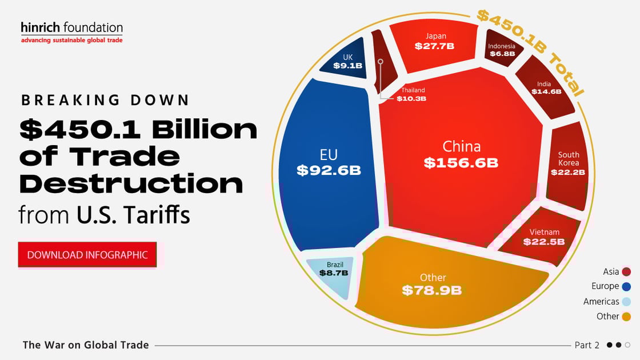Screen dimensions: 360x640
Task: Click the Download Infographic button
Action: (x=87, y=255)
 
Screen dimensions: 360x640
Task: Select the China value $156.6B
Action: (x=461, y=163)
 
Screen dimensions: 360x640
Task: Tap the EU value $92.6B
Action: (x=329, y=170)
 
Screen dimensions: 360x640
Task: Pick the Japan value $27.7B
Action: (x=434, y=46)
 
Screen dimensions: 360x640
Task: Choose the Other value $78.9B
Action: (x=431, y=290)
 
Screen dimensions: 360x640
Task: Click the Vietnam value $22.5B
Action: (x=543, y=242)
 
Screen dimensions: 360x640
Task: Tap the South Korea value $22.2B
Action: (x=568, y=172)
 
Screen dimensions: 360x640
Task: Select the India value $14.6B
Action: (x=546, y=91)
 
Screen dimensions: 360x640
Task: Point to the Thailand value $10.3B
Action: (x=411, y=99)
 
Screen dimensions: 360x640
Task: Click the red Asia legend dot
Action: (x=626, y=272)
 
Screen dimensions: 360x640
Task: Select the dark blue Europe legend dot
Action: (x=626, y=287)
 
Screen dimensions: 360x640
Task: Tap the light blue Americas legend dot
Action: (x=626, y=302)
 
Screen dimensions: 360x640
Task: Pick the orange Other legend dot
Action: (x=626, y=317)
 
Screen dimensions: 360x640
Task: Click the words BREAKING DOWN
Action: (x=105, y=100)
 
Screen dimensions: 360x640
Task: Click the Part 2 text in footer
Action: (x=587, y=345)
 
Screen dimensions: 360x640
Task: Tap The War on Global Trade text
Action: (x=86, y=345)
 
